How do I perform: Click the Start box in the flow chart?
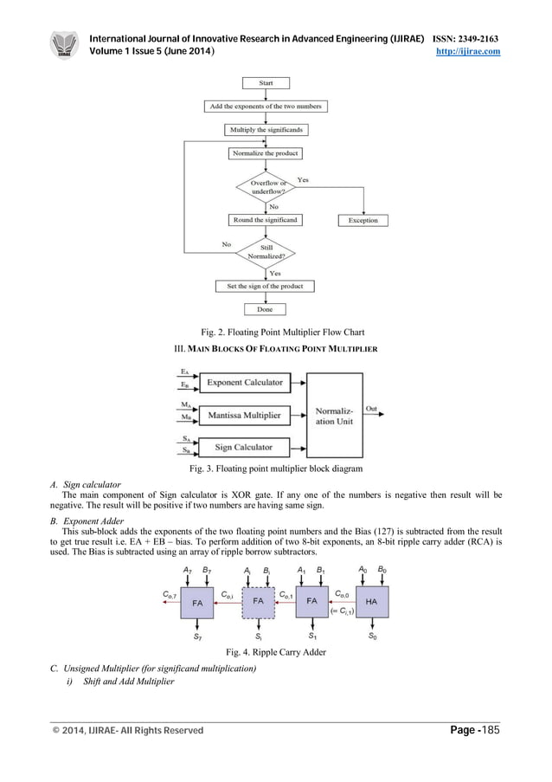click(266, 83)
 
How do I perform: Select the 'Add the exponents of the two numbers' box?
click(266, 107)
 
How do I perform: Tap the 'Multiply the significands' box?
click(266, 130)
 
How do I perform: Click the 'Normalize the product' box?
click(266, 153)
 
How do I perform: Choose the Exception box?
click(363, 221)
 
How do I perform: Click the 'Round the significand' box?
click(266, 220)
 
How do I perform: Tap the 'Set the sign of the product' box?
click(266, 286)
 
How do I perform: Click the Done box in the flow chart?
click(266, 309)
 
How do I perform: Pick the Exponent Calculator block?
click(244, 382)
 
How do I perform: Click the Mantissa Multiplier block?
click(244, 416)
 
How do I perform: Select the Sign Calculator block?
click(244, 448)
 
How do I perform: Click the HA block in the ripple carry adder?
click(372, 600)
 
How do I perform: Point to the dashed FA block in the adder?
click(259, 600)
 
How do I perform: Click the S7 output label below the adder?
click(197, 637)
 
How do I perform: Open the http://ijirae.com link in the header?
click(472, 52)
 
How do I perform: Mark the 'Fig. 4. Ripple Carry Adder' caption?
click(275, 652)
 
